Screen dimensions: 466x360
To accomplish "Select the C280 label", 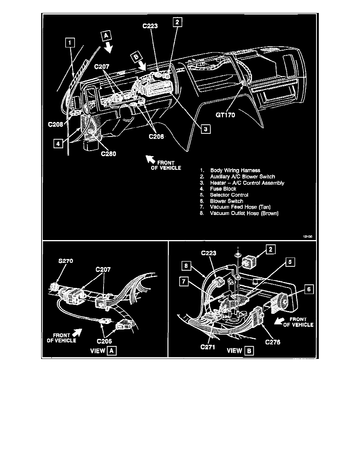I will pos(109,154).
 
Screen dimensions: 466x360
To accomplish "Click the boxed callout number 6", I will pos(309,289).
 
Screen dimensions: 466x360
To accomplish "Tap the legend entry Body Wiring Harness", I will pos(235,170).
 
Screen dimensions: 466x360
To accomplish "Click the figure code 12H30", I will pos(307,237).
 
